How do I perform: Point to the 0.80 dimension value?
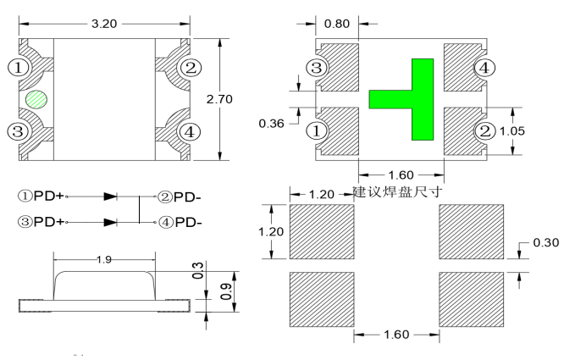(335, 24)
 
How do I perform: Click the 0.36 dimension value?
(271, 124)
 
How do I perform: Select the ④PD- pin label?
(180, 223)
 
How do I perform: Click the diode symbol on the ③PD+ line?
(110, 223)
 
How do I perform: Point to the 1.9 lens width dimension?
(104, 259)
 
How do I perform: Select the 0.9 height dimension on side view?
(224, 292)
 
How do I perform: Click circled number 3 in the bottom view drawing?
(316, 69)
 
